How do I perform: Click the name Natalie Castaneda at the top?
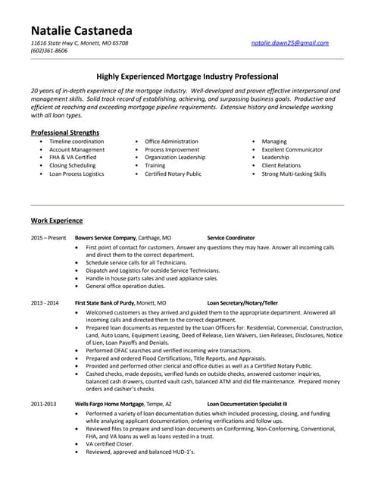81,30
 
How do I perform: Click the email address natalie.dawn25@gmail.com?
290,43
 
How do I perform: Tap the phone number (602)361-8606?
49,51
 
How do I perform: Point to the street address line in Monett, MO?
80,43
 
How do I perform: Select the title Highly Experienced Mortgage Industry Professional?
187,77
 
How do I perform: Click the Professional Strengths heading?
64,133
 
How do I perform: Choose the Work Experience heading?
57,221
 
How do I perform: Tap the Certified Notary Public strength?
173,174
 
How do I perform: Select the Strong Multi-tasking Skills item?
294,174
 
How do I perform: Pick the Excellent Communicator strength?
292,149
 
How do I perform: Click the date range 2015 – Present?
48,238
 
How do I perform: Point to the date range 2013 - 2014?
45,302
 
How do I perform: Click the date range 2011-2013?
43,404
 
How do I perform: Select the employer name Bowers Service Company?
105,238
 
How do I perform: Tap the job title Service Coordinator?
231,238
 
